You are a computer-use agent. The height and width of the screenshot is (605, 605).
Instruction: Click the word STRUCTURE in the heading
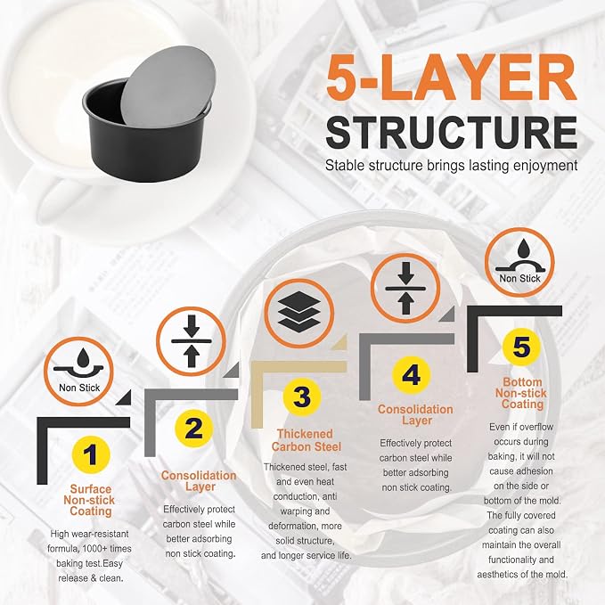(x=452, y=132)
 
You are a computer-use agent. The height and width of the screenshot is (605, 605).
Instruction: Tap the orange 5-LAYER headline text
(x=452, y=78)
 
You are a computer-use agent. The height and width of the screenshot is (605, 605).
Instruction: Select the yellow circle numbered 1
(x=91, y=454)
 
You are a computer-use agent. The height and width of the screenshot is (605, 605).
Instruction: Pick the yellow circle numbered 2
(x=193, y=429)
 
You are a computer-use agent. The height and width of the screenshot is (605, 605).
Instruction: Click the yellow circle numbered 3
(x=302, y=397)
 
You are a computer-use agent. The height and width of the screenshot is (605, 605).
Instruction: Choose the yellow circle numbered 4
(x=412, y=375)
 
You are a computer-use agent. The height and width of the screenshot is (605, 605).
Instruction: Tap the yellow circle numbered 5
(x=521, y=347)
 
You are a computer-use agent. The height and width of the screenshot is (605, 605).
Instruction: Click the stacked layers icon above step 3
(x=299, y=313)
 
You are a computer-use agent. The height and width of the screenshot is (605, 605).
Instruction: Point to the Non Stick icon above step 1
(x=78, y=372)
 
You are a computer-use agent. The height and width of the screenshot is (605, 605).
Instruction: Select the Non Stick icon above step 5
(x=519, y=262)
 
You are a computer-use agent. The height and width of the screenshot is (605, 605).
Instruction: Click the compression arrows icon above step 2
(x=192, y=341)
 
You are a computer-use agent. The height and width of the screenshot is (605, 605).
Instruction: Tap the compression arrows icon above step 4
(x=405, y=288)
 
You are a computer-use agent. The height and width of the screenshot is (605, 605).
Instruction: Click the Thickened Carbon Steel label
(x=306, y=440)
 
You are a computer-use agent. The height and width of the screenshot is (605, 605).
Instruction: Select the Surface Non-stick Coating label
(x=89, y=500)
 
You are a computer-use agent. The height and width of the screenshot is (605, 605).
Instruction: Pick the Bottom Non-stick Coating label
(x=521, y=393)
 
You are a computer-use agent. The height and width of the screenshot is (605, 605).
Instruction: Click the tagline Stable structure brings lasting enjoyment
(x=452, y=165)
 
